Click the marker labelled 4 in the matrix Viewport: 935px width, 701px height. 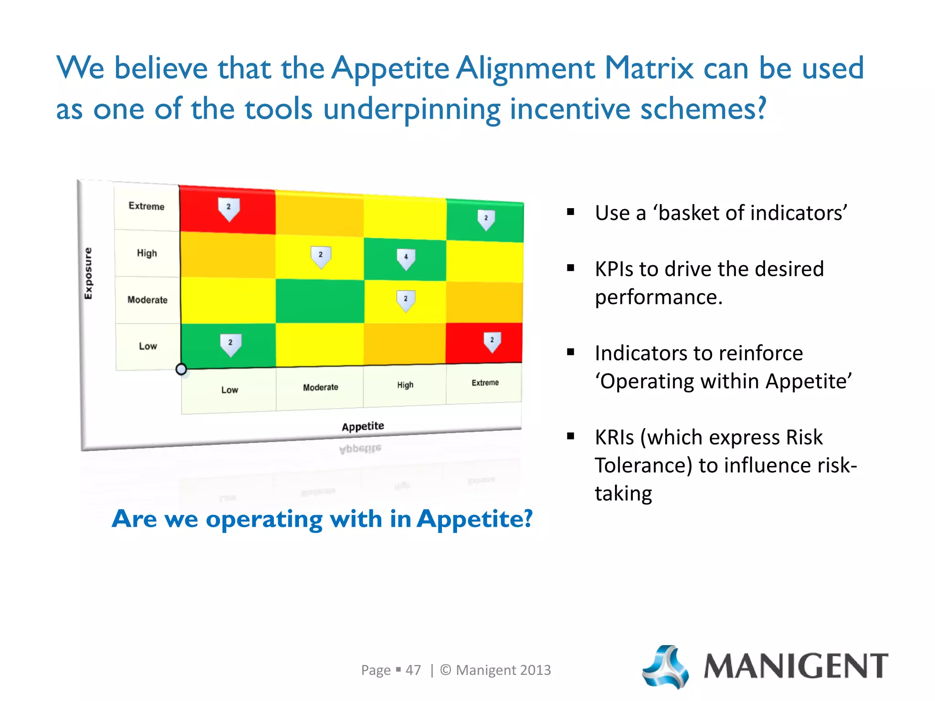click(406, 259)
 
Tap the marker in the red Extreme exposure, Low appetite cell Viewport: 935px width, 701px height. click(229, 209)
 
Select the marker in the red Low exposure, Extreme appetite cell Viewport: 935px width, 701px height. click(492, 342)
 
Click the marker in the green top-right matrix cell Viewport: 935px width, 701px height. click(486, 220)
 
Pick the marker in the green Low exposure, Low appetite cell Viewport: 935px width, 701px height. click(231, 345)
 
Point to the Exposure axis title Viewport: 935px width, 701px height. click(88, 273)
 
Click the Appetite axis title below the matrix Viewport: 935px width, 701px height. click(363, 426)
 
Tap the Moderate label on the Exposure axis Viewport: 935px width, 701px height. click(147, 300)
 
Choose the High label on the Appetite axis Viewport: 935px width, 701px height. click(405, 385)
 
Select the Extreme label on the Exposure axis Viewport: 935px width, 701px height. click(147, 206)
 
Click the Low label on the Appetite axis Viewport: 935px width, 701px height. click(230, 390)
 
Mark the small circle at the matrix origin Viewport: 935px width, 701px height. click(181, 369)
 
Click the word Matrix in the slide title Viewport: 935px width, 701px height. click(649, 68)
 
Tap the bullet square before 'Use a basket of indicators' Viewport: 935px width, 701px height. click(571, 212)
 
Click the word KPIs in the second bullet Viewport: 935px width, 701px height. click(614, 269)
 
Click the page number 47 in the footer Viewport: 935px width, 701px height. click(413, 670)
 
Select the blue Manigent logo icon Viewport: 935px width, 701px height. click(666, 666)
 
